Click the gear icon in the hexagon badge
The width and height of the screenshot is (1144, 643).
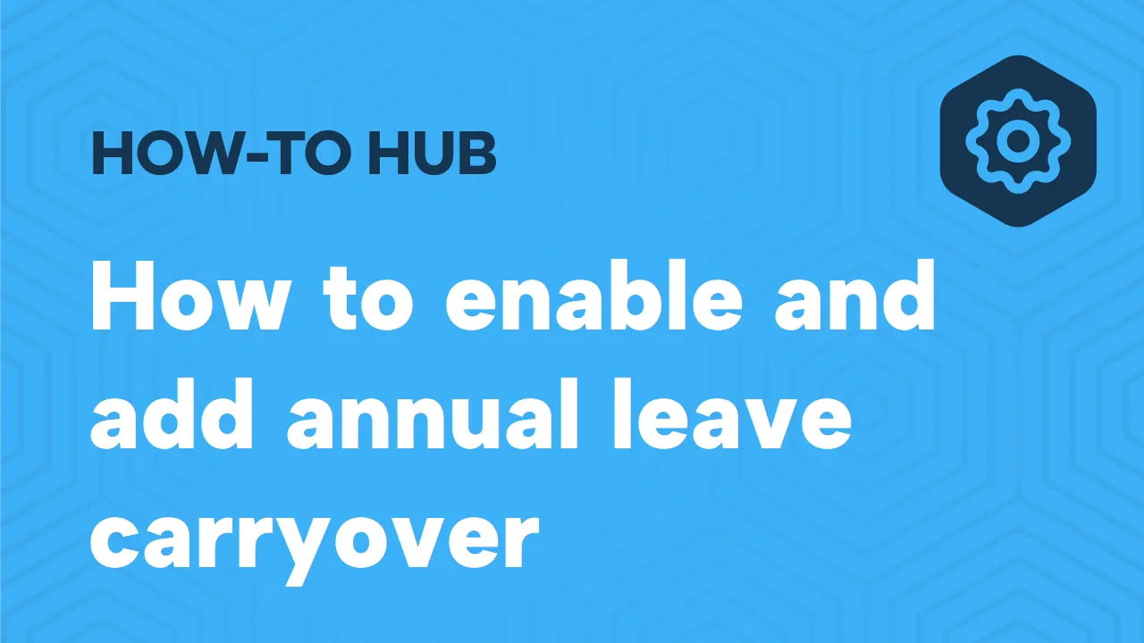(x=1017, y=141)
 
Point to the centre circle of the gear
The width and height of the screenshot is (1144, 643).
(x=1017, y=141)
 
